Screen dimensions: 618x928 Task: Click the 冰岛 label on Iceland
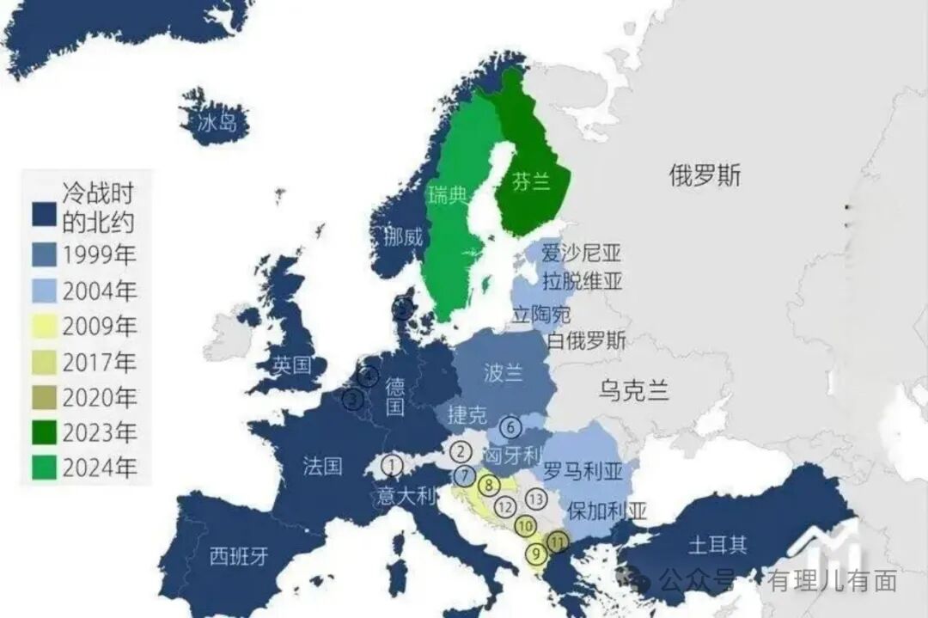click(217, 123)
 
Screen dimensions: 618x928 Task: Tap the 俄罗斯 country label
click(705, 176)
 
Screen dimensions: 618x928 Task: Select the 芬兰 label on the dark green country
click(530, 183)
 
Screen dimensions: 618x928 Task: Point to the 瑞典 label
click(448, 196)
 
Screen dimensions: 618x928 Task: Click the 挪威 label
click(403, 237)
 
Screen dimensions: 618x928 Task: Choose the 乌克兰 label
click(634, 391)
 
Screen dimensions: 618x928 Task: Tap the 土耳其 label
click(717, 545)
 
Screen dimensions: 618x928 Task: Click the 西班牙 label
click(240, 556)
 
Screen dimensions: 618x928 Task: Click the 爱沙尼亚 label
click(581, 253)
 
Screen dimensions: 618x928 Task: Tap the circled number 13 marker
click(537, 499)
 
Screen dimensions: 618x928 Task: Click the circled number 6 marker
click(510, 426)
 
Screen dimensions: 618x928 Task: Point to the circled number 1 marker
click(392, 465)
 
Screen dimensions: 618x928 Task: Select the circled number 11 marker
click(559, 542)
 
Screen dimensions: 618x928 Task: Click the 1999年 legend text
click(99, 255)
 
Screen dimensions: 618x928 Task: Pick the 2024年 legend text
click(99, 468)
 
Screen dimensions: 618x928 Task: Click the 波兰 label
click(504, 373)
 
